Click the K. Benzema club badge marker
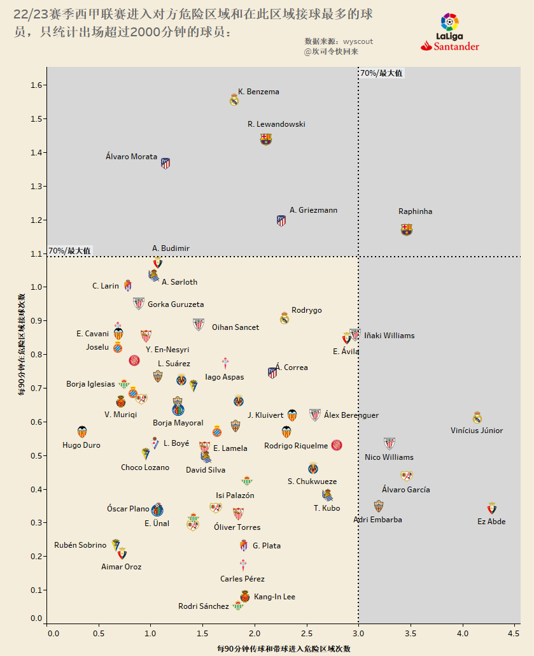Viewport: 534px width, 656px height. tap(234, 99)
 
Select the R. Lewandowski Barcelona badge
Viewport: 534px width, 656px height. tap(266, 139)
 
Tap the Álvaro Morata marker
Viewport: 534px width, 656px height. tap(165, 164)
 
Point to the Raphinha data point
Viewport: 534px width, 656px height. tap(407, 229)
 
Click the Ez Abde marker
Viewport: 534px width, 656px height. tap(491, 508)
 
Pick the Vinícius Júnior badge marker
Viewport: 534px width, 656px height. tap(477, 418)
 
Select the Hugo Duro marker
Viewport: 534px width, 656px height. tap(81, 432)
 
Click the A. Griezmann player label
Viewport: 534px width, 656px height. tap(313, 210)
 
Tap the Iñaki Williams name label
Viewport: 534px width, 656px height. tap(389, 336)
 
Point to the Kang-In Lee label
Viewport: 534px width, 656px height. tap(274, 597)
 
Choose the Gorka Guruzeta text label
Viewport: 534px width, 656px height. tap(176, 304)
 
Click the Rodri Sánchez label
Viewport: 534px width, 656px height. tap(203, 606)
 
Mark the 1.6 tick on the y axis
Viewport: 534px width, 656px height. tap(36, 85)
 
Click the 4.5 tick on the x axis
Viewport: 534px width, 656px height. tap(514, 634)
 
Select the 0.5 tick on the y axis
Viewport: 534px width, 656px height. tap(36, 456)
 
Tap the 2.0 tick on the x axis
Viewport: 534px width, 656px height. tap(255, 634)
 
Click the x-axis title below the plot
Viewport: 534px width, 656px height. tap(283, 649)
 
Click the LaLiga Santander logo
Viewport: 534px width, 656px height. tap(450, 32)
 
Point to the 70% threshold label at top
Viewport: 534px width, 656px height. tap(381, 73)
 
